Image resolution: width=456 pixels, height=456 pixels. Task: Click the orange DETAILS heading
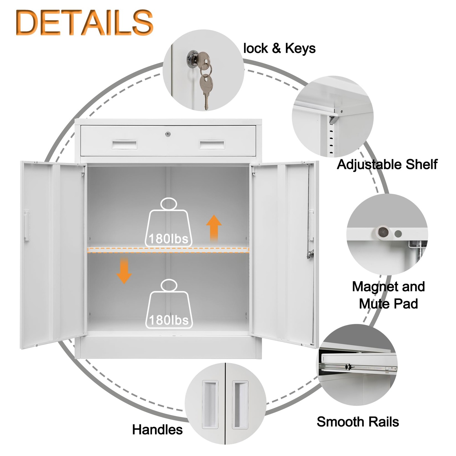click(x=85, y=23)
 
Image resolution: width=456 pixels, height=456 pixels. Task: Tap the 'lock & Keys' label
click(x=279, y=48)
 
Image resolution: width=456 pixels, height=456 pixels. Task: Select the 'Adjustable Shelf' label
click(x=387, y=164)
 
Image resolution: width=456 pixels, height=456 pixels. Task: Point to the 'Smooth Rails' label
click(x=358, y=422)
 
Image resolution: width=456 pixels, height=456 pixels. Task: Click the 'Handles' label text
click(x=157, y=429)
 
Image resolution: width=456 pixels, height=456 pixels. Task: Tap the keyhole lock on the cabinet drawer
click(x=168, y=134)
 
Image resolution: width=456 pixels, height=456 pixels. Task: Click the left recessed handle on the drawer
click(x=125, y=145)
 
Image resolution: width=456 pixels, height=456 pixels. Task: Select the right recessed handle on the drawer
click(x=212, y=145)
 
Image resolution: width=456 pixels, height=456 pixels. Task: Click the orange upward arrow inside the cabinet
click(x=214, y=228)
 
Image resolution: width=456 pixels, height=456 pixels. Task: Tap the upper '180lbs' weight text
click(x=168, y=239)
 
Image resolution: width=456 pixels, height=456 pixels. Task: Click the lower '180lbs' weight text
click(x=169, y=320)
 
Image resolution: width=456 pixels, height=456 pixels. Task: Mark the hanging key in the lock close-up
click(x=206, y=88)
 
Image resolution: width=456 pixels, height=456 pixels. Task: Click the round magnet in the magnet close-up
click(x=383, y=232)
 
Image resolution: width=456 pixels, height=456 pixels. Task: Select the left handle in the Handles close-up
click(x=210, y=404)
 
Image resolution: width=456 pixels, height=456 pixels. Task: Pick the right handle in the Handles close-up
click(x=240, y=404)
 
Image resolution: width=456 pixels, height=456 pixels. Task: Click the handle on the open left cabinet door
click(x=27, y=226)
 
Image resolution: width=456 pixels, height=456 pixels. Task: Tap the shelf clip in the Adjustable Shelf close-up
click(x=333, y=119)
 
